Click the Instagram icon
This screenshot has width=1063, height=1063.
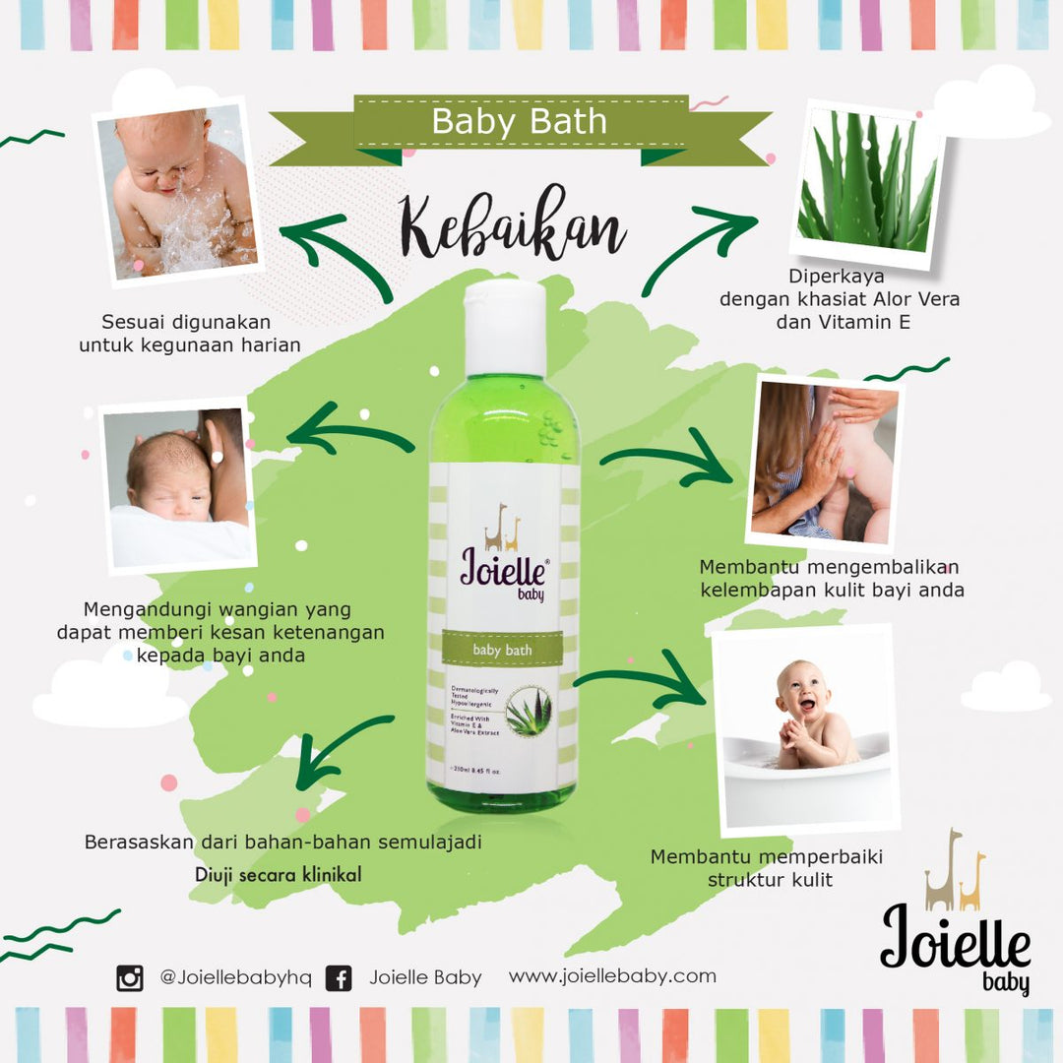tap(130, 978)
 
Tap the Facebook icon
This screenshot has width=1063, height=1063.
tap(339, 978)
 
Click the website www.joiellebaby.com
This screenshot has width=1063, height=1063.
tap(612, 976)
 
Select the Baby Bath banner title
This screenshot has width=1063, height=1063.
tap(520, 123)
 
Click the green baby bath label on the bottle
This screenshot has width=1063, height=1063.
tap(502, 651)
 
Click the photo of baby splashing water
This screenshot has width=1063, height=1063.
tap(176, 191)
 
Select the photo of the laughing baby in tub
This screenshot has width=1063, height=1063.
tap(808, 727)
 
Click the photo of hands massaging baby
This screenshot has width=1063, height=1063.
tap(825, 463)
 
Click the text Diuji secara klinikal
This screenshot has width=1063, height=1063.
tap(278, 873)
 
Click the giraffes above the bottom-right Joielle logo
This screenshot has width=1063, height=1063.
tap(955, 872)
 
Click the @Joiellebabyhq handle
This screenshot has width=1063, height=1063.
tap(235, 977)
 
